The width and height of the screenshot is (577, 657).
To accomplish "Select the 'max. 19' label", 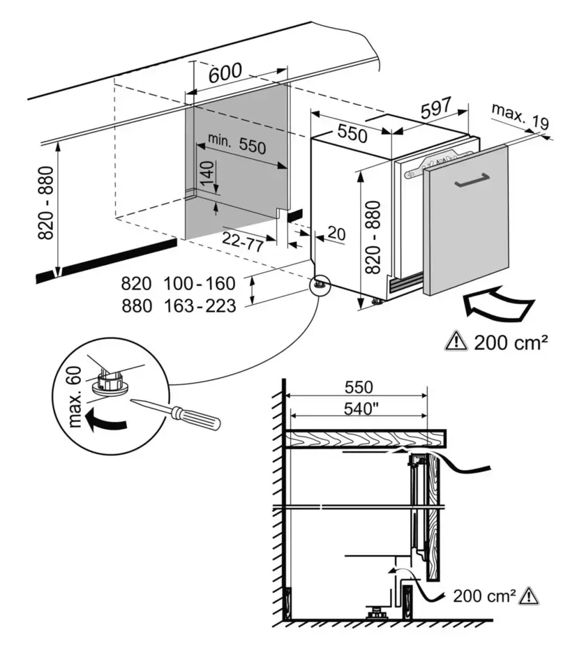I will click(519, 116).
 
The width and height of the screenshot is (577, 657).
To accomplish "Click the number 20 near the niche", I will click(336, 234).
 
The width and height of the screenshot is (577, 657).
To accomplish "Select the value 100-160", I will click(200, 284).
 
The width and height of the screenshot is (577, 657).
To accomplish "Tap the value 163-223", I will click(200, 305).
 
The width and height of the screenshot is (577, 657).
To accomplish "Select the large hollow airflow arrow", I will click(498, 305).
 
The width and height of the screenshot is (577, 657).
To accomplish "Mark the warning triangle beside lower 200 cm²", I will click(531, 596).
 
